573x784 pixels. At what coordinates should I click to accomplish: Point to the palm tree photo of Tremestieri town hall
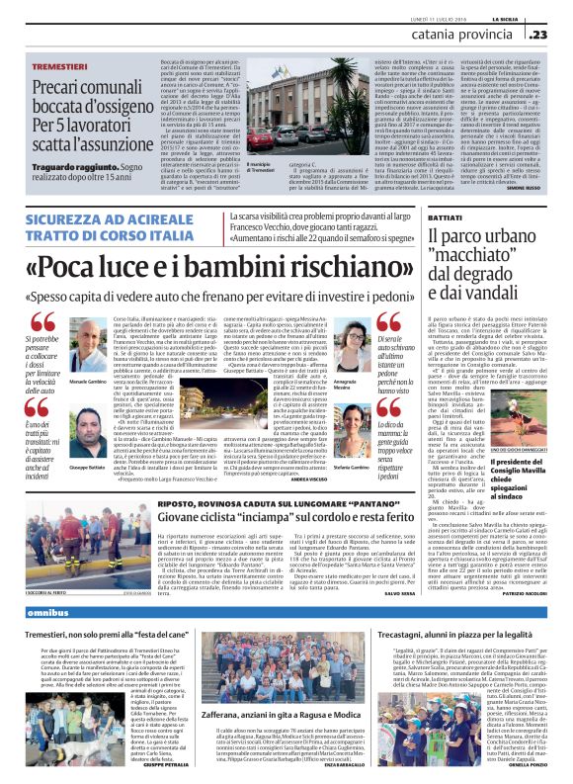[x=244, y=131]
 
